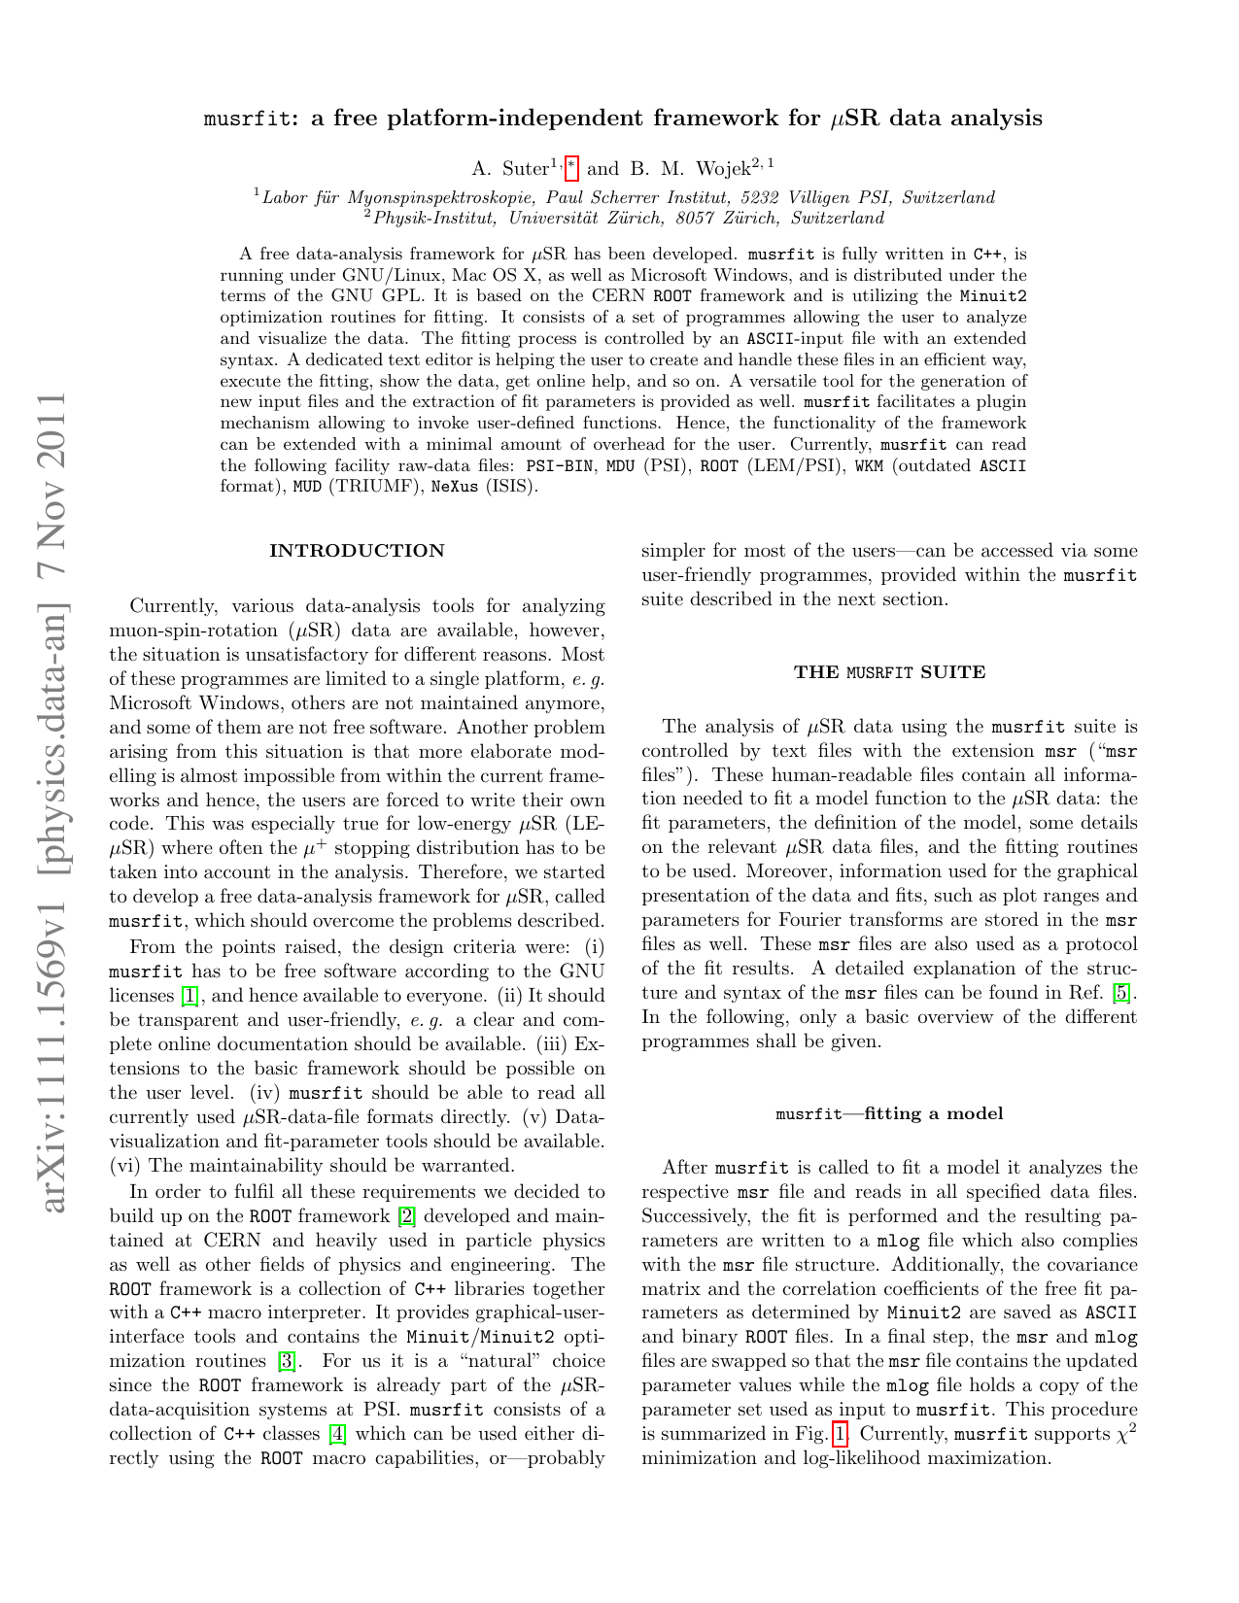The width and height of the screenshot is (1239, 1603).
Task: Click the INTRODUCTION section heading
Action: (357, 551)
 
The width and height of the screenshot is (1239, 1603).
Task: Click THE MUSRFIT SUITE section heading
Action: (889, 672)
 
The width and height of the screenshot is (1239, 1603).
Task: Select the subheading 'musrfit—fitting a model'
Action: (889, 1113)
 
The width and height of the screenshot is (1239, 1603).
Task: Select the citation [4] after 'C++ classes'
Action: (337, 1434)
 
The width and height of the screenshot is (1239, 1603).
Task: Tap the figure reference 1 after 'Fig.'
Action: (841, 1434)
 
